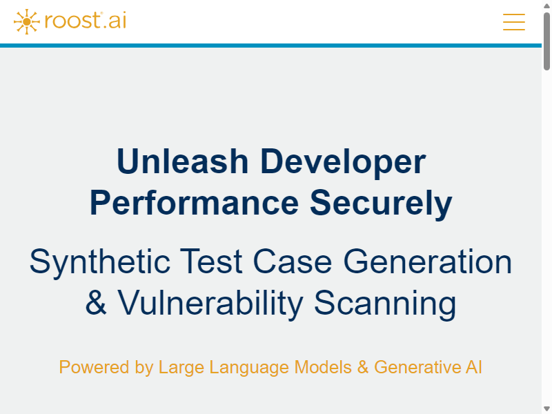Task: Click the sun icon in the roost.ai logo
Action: click(26, 22)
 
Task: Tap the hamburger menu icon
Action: click(513, 22)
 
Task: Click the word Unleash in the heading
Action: click(183, 161)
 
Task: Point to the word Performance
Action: click(194, 203)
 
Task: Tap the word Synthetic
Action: click(100, 263)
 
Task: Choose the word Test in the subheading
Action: click(211, 262)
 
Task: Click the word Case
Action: click(292, 262)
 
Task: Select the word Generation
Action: click(427, 262)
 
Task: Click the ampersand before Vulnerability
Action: click(95, 302)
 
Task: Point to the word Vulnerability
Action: click(210, 304)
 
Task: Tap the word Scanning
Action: click(385, 304)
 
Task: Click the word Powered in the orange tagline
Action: click(94, 367)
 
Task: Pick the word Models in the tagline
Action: click(323, 367)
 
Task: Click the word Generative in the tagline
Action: click(417, 367)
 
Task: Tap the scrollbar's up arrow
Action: click(546, 6)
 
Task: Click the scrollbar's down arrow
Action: click(546, 408)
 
